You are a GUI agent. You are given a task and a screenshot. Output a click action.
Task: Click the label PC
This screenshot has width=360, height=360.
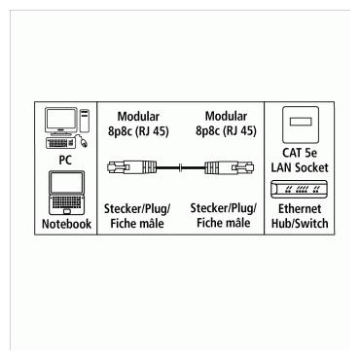(x=65, y=159)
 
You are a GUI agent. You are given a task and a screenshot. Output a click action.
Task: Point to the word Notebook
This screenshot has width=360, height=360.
(x=65, y=224)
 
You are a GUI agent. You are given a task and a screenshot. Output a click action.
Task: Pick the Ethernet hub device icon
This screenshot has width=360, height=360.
(x=297, y=189)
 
